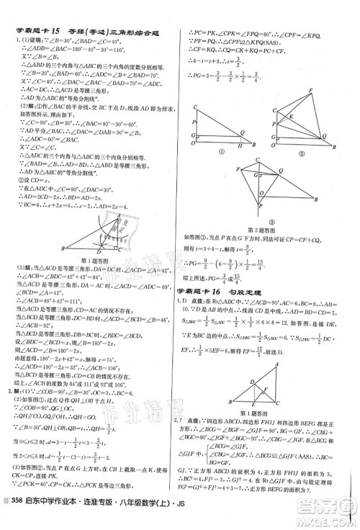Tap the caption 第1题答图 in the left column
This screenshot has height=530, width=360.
coord(94,261)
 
